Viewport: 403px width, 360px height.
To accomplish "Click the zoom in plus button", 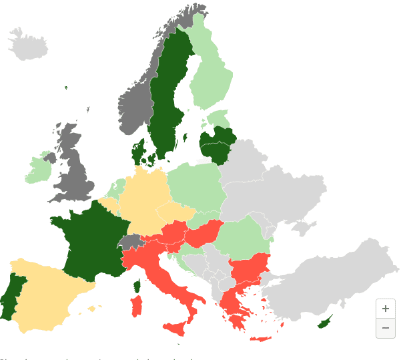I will pyautogui.click(x=385, y=309).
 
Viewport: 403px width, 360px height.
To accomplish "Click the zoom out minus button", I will pyautogui.click(x=385, y=328).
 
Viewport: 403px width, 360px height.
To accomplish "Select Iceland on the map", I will pyautogui.click(x=28, y=45).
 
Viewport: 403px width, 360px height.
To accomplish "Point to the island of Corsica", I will pyautogui.click(x=138, y=286).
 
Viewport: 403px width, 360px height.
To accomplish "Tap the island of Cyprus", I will pyautogui.click(x=326, y=322).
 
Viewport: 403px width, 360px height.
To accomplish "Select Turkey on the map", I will pyautogui.click(x=320, y=281).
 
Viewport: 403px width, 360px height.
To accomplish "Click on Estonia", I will pyautogui.click(x=219, y=119).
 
